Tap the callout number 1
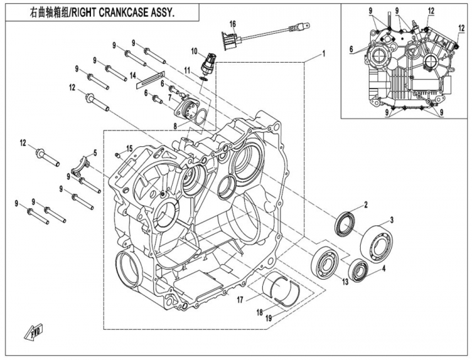pos(324,53)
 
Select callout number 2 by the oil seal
pos(365,204)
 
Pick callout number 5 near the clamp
pos(94,154)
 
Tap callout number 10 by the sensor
pos(194,51)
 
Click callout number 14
pos(133,74)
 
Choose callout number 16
pos(232,24)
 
